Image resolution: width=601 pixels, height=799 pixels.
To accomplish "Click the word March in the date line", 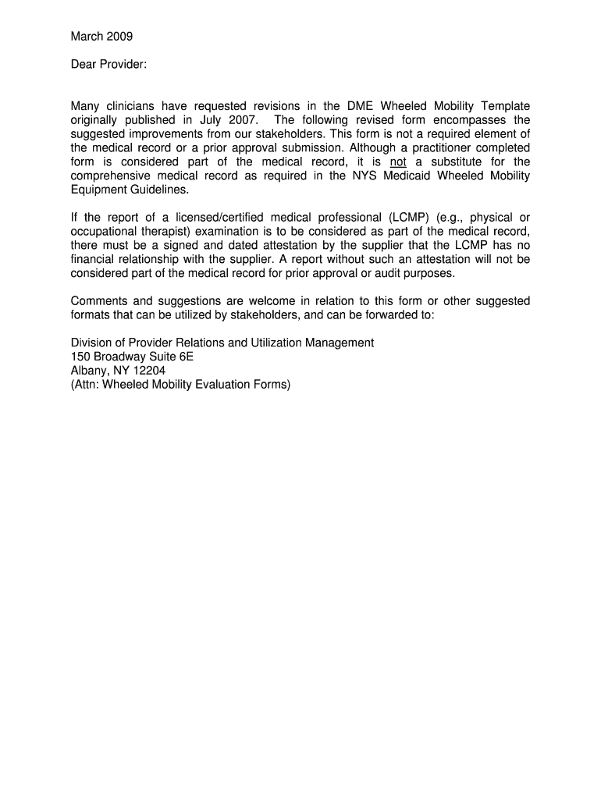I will (87, 36).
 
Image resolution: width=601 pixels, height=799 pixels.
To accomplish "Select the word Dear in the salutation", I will (84, 64).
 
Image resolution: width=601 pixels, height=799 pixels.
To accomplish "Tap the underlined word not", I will (398, 162).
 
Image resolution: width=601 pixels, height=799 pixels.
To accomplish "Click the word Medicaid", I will (406, 176).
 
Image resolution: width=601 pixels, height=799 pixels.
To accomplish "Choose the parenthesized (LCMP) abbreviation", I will (400, 218).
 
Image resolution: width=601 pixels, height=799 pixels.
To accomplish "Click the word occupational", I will (103, 232).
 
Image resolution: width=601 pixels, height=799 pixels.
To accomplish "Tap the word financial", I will (94, 260).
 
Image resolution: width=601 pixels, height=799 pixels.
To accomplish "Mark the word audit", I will (381, 274).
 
